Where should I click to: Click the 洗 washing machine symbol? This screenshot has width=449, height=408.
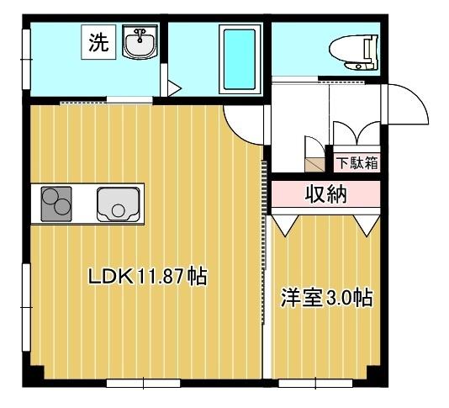coord(98,44)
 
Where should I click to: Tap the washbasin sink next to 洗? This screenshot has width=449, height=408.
coord(140,42)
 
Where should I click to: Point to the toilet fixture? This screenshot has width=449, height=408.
coord(353,52)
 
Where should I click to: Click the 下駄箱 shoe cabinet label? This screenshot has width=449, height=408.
coord(357,162)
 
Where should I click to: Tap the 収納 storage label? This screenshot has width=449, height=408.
coord(325,195)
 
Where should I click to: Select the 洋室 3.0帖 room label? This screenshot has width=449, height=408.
coord(326,298)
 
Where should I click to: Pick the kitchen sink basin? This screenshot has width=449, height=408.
coord(118,203)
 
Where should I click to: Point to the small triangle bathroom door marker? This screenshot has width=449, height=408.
coord(174,87)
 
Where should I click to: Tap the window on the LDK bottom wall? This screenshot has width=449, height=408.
coord(143,383)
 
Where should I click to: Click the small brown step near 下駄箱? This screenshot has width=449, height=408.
coord(314,162)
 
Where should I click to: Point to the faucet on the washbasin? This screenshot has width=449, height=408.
coord(140,34)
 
